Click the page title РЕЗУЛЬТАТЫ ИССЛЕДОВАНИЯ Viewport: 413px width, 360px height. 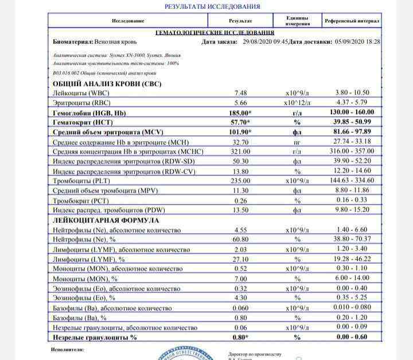[x=212, y=6]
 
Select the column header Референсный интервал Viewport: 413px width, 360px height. [x=352, y=21]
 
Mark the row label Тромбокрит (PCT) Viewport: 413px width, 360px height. [x=81, y=201]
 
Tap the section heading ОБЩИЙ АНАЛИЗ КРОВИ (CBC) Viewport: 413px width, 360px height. [x=107, y=83]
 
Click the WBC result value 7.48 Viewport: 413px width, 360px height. [x=241, y=92]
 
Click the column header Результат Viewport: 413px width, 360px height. [x=241, y=21]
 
